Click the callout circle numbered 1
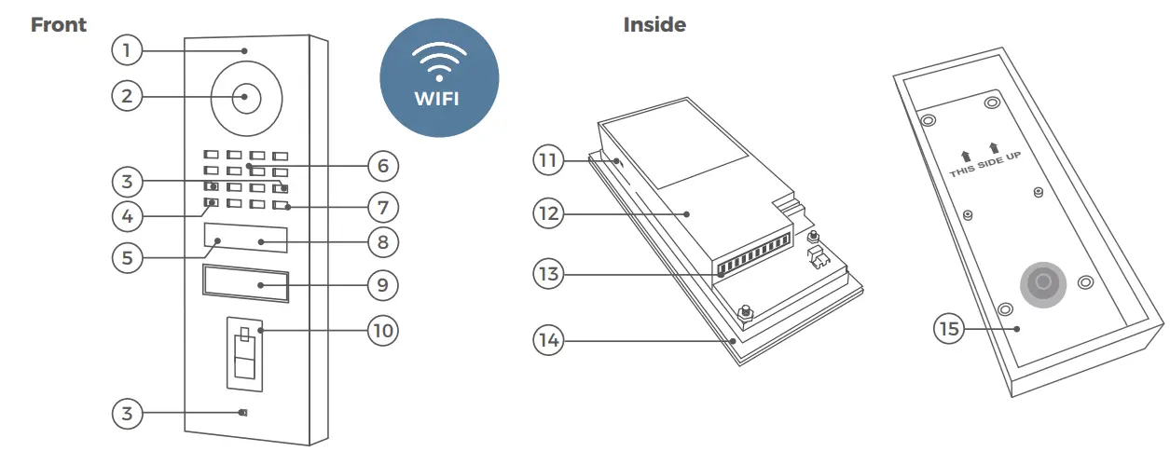[127, 50]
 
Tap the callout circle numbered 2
[127, 95]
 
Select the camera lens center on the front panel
[246, 96]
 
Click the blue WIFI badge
[438, 78]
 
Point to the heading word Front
[59, 25]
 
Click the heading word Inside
[654, 25]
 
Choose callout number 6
[382, 167]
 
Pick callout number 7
[382, 205]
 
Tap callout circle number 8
[382, 243]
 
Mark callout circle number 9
[382, 285]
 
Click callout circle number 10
[382, 330]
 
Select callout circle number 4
[127, 216]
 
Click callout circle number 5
[127, 257]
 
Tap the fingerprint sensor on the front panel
[244, 358]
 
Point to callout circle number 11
[549, 159]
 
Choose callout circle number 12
[549, 213]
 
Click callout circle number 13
[549, 275]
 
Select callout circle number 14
[549, 341]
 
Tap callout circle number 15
[950, 329]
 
